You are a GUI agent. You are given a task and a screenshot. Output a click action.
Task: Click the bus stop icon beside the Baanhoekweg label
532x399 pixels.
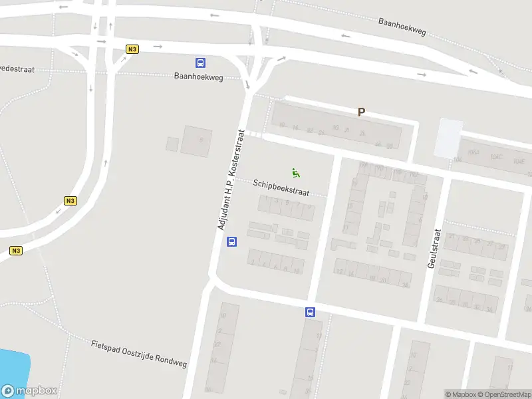(200, 63)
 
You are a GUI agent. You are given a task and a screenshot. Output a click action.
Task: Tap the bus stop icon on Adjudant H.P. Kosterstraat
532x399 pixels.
(232, 242)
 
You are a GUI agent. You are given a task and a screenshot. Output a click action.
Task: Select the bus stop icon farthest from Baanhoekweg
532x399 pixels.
(310, 312)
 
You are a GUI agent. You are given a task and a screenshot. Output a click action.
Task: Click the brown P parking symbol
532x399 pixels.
(362, 112)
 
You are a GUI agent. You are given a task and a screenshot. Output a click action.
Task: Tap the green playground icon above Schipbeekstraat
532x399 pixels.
(296, 173)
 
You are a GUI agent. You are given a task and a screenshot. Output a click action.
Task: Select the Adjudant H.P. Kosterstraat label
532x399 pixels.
(231, 180)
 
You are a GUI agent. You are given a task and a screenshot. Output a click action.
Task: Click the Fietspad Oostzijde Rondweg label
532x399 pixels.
(139, 354)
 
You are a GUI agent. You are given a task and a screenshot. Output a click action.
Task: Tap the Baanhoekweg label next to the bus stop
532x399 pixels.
(199, 76)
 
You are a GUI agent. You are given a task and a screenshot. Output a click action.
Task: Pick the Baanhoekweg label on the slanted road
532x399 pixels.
(402, 27)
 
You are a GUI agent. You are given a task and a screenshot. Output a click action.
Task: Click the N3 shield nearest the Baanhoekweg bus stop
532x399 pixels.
(132, 49)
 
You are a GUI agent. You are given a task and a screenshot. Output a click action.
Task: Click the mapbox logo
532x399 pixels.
(29, 391)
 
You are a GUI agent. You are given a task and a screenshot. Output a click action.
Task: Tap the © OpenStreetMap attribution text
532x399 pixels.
(505, 394)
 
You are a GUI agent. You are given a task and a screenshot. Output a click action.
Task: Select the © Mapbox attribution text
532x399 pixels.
(462, 394)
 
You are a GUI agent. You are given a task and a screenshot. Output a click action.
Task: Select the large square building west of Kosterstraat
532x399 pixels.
(196, 141)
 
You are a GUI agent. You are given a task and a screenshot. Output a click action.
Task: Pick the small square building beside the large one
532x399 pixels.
(172, 144)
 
